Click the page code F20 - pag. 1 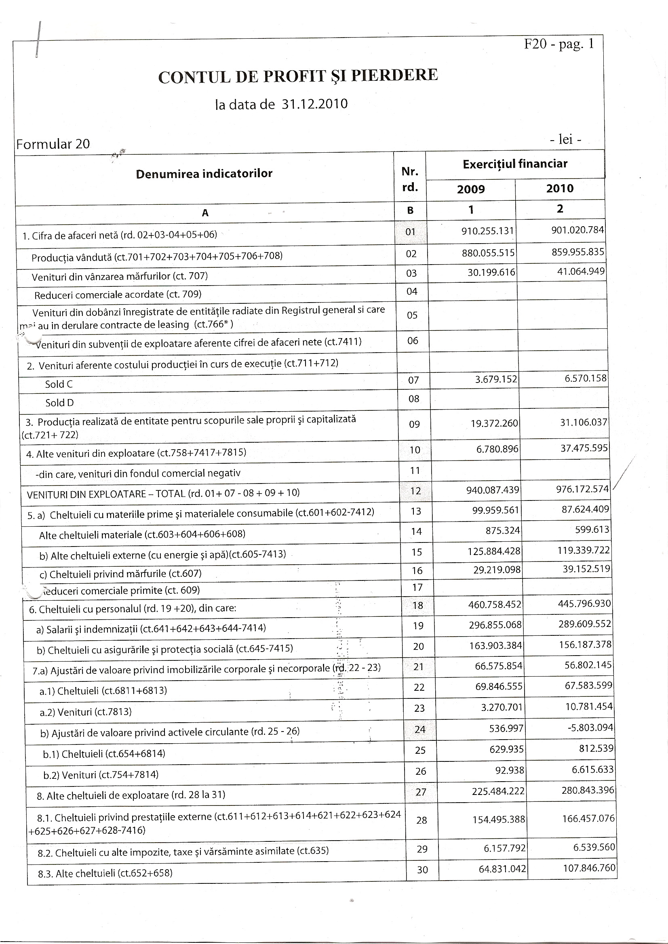[559, 44]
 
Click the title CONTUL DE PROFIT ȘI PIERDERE [298, 76]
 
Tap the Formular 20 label [53, 144]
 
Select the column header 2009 [471, 189]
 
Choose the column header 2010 [560, 189]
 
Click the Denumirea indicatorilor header [204, 174]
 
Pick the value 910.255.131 [487, 231]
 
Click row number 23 [419, 708]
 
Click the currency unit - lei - [566, 140]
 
